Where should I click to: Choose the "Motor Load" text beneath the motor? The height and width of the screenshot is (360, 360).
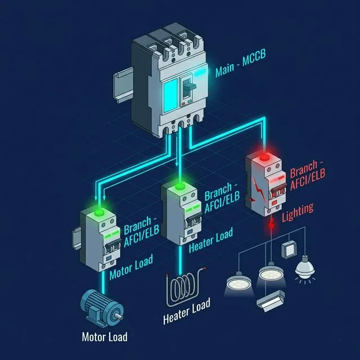[105, 337]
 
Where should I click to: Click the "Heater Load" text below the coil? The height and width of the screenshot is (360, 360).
[186, 312]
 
